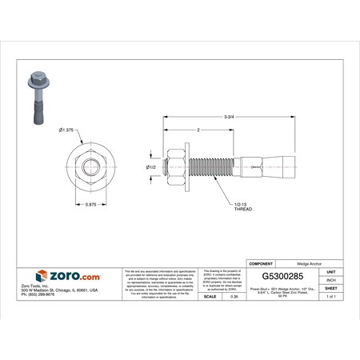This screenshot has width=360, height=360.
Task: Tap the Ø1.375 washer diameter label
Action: [x=67, y=130]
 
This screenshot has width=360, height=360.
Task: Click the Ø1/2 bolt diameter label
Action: [x=150, y=166]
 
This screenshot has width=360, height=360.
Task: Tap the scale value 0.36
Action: [x=234, y=297]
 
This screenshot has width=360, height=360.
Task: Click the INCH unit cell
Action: [x=330, y=279]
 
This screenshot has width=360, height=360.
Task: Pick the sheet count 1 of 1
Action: [x=330, y=297]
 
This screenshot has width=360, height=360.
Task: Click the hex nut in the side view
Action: [x=174, y=166]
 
